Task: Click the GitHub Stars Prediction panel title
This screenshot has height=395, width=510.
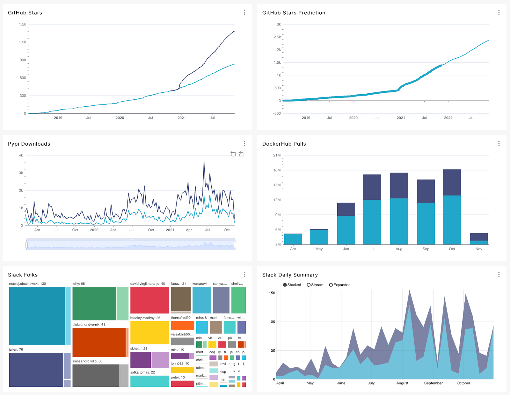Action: click(x=294, y=13)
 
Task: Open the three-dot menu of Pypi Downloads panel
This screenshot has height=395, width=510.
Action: click(x=244, y=143)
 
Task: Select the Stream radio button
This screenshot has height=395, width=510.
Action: click(x=309, y=285)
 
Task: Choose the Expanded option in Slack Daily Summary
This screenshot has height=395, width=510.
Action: click(x=331, y=285)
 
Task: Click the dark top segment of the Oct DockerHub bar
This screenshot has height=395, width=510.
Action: click(x=452, y=182)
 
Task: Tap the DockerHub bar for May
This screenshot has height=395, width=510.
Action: click(x=319, y=237)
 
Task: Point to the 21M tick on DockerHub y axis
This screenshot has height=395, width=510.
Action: click(x=277, y=155)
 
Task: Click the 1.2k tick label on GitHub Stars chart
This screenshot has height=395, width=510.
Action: click(x=22, y=42)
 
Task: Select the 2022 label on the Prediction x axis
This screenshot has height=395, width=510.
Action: click(x=448, y=118)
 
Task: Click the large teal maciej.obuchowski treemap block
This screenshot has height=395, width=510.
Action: click(x=37, y=316)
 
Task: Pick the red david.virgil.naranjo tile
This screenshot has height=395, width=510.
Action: click(x=149, y=300)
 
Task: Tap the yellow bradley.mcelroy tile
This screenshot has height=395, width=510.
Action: click(x=149, y=333)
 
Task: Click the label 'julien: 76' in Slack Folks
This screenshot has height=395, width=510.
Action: click(x=16, y=349)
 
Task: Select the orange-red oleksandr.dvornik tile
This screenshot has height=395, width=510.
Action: click(x=99, y=342)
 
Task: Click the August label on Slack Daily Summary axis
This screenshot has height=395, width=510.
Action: click(x=402, y=383)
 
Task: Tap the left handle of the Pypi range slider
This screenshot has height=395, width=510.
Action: click(x=27, y=245)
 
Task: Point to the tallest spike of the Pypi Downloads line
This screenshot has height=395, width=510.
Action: click(x=204, y=162)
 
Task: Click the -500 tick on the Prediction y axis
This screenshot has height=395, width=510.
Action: click(x=277, y=113)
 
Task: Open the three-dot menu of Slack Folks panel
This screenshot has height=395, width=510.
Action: click(x=244, y=274)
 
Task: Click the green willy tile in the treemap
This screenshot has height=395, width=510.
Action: click(x=94, y=304)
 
